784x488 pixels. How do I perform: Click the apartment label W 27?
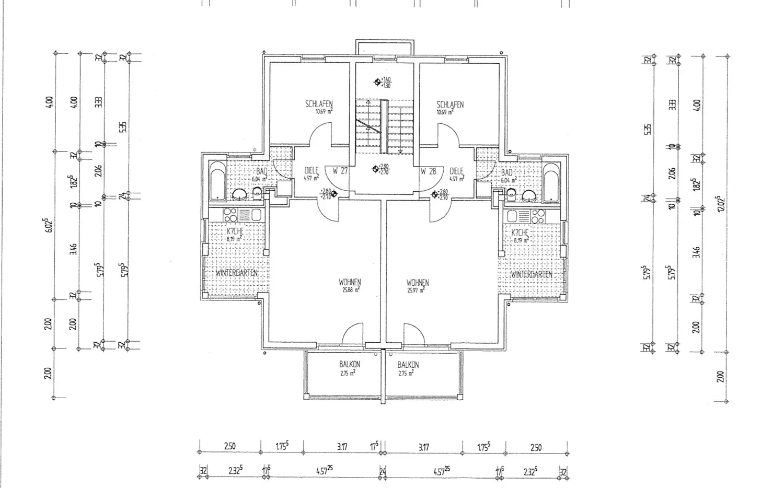[x=340, y=171]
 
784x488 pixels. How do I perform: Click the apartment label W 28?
[x=428, y=171]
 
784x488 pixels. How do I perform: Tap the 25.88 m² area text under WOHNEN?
[x=350, y=290]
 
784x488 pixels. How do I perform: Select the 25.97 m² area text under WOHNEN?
[x=417, y=290]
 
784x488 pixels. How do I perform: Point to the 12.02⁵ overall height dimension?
[x=721, y=204]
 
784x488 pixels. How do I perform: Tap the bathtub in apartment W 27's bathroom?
[x=217, y=181]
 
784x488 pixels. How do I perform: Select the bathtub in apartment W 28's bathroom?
[x=551, y=182]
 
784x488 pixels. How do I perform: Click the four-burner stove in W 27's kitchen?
[x=229, y=214]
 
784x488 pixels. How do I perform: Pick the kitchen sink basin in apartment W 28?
[x=512, y=215]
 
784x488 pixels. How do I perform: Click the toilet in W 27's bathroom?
[x=257, y=193]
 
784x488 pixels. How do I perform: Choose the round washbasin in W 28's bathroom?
[x=529, y=195]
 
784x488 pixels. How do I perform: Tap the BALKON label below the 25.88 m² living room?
[x=350, y=365]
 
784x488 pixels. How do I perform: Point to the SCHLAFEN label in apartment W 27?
[x=319, y=104]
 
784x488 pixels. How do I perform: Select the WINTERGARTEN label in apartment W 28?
[x=531, y=274]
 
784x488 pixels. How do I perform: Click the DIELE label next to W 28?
[x=456, y=171]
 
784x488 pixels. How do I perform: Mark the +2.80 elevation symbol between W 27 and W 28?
[x=375, y=169]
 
